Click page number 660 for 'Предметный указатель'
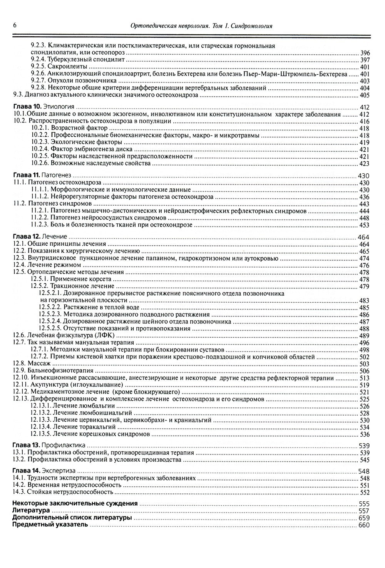click(364, 525)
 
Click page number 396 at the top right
click(365, 53)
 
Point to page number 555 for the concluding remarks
click(364, 504)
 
